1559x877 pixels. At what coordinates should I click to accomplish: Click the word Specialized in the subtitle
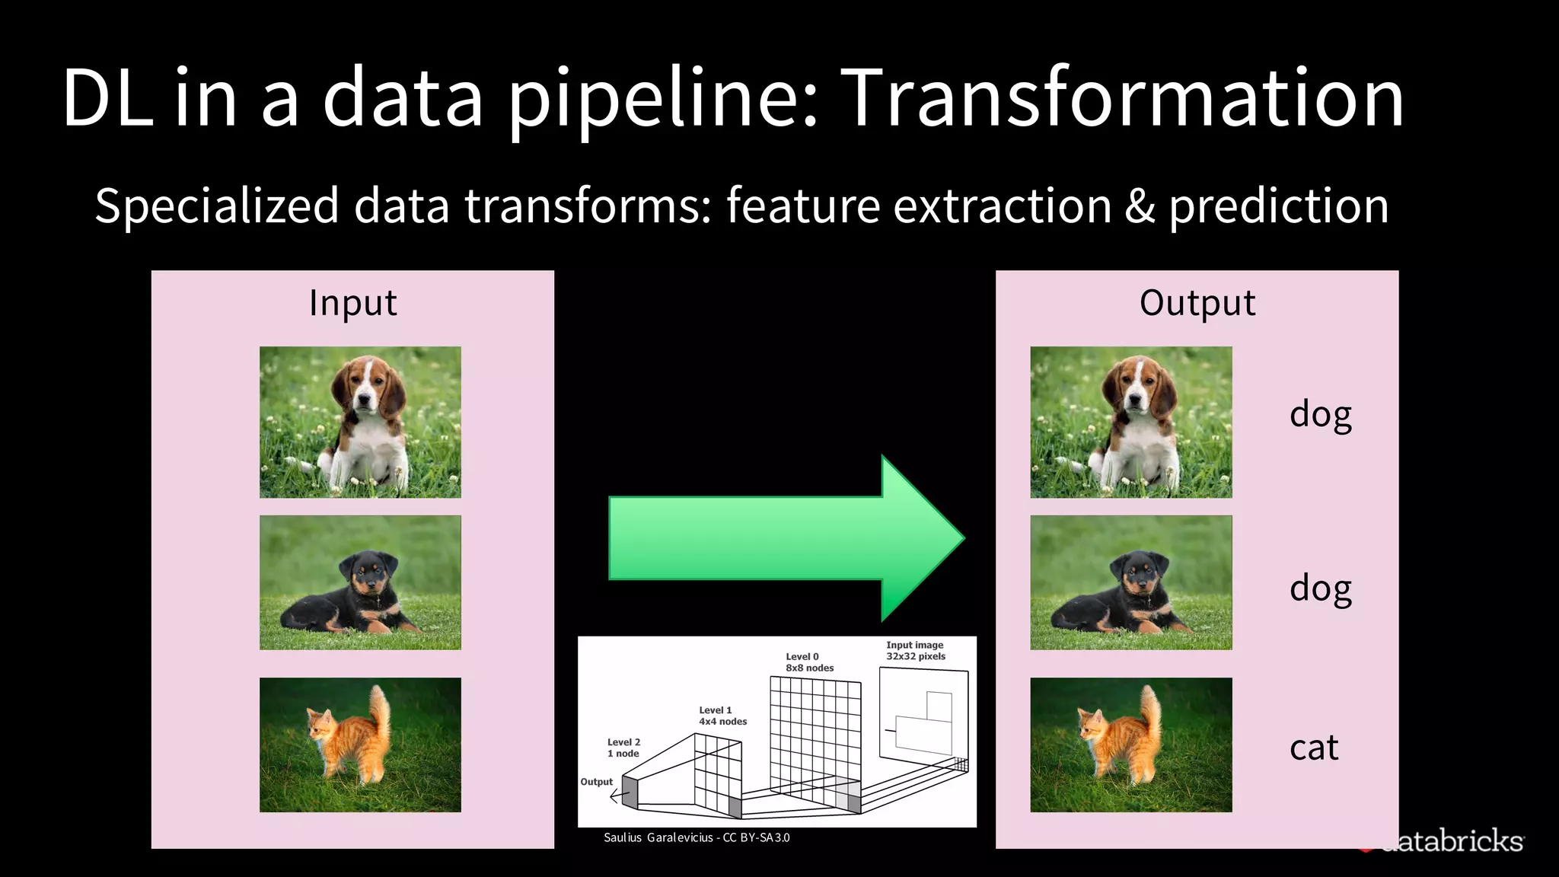(x=217, y=206)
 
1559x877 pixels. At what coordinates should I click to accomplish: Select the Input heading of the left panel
(x=352, y=303)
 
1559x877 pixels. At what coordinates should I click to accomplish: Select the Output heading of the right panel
(x=1197, y=303)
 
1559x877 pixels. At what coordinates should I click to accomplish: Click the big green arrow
(x=784, y=538)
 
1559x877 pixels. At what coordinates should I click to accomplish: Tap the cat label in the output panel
(x=1313, y=748)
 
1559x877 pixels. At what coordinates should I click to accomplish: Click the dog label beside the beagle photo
(x=1320, y=415)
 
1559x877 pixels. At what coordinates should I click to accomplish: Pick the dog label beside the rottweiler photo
(x=1320, y=588)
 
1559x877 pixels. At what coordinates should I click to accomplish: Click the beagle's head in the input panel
(x=369, y=388)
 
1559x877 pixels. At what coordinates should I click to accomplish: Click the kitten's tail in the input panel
(x=380, y=712)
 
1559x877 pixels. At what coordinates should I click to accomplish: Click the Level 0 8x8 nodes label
(x=809, y=662)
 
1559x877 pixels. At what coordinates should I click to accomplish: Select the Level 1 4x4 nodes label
(x=722, y=716)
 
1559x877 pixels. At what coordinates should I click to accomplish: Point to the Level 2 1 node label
(x=623, y=748)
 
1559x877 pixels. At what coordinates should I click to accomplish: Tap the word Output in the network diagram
(x=596, y=782)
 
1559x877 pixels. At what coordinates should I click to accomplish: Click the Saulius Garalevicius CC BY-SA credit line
(x=697, y=837)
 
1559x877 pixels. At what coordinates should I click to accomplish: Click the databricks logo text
(x=1454, y=841)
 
